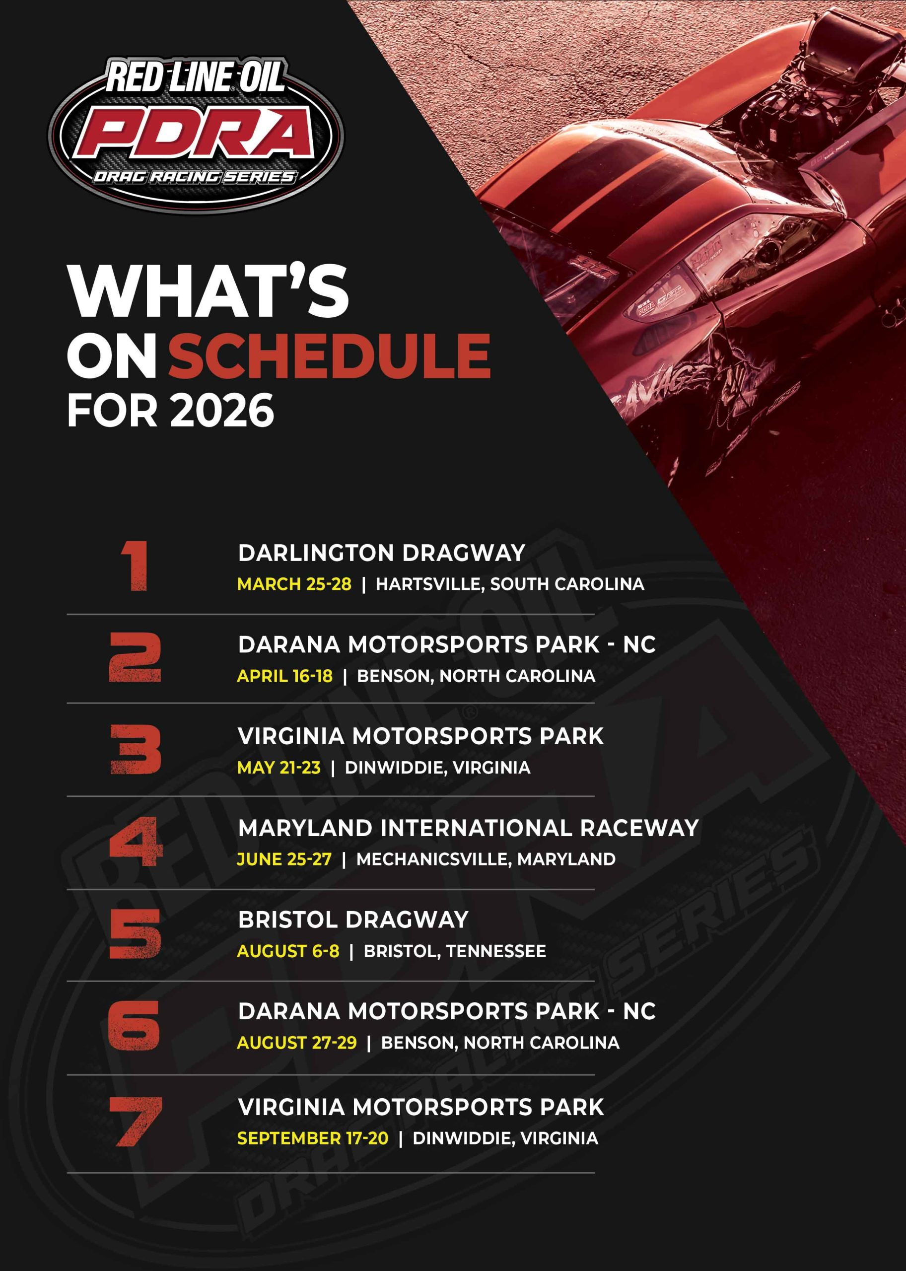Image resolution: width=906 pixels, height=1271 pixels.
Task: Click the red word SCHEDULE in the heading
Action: [329, 355]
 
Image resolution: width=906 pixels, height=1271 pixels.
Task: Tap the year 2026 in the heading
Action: [222, 410]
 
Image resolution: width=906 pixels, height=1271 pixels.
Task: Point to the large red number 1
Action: [136, 566]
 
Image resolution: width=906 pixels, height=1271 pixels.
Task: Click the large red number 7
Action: [136, 1122]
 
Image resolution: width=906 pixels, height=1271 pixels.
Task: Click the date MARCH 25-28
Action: [294, 584]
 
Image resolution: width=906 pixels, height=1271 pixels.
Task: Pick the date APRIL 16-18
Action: [284, 676]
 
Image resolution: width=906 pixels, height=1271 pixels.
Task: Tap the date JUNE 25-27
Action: [284, 859]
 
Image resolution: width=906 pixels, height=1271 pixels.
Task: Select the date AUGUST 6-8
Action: [288, 951]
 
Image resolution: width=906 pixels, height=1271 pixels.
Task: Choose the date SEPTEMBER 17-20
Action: [312, 1138]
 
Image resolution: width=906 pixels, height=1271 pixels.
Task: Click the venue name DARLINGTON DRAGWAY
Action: [382, 553]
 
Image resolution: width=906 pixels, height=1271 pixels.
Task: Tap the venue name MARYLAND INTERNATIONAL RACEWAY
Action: [468, 828]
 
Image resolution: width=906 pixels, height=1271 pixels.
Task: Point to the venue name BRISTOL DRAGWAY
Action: [353, 919]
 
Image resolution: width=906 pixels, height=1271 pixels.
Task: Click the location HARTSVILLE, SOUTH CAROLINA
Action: [510, 584]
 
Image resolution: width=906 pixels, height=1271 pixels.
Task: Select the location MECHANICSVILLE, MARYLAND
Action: [486, 859]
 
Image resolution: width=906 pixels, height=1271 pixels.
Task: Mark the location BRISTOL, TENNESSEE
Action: [455, 951]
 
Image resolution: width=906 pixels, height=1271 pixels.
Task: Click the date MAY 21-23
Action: [279, 768]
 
